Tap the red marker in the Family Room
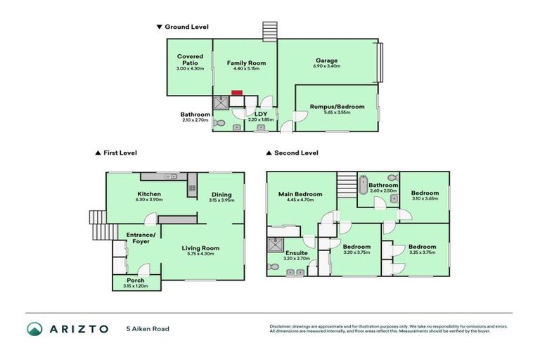point(237,92)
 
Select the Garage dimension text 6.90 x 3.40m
point(327,67)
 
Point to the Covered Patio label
point(190,59)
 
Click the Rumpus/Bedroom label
point(337,107)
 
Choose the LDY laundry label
point(259,114)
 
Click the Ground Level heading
point(186,27)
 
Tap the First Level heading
point(120,152)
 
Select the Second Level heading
point(296,152)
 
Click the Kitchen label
point(150,194)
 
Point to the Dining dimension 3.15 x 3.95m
point(221,200)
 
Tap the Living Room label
point(201,247)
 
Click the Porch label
point(136,280)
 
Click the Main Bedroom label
point(300,194)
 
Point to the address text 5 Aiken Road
point(148,328)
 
